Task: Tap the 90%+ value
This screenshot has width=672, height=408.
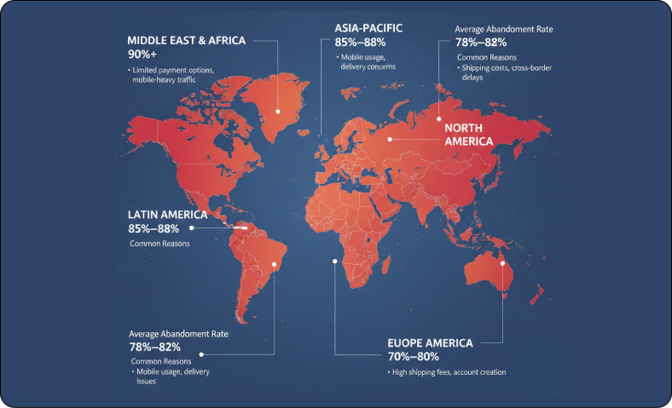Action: coord(142,54)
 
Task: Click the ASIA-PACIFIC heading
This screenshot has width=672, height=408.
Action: coord(368,28)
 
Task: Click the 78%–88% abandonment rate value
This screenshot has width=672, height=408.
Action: coord(481,42)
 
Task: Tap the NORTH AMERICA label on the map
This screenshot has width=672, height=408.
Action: coord(469,135)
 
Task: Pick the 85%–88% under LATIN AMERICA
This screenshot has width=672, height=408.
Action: coord(154,228)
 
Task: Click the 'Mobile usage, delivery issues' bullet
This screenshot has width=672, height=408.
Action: coord(171,376)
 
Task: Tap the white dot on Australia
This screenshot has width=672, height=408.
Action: coord(503,263)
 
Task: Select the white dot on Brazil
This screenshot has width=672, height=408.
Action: coord(274,264)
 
